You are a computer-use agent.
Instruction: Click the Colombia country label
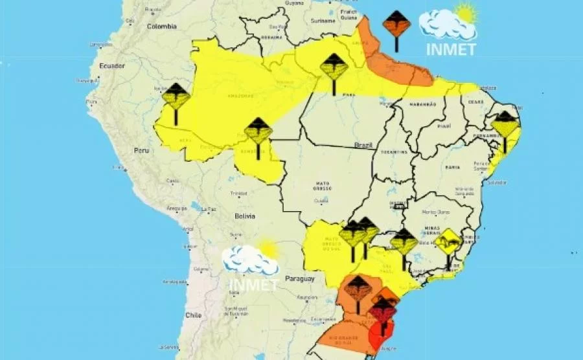pos(161,27)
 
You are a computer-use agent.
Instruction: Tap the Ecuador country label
pos(111,66)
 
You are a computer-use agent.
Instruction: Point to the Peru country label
pos(141,150)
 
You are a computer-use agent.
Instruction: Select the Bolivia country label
pos(245,216)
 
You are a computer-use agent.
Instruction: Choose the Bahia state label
pos(452,167)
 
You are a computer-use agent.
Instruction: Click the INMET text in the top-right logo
pos(451,49)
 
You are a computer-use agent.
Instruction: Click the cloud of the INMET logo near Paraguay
pos(249,260)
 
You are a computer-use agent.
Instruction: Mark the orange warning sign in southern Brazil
pos(357,289)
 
